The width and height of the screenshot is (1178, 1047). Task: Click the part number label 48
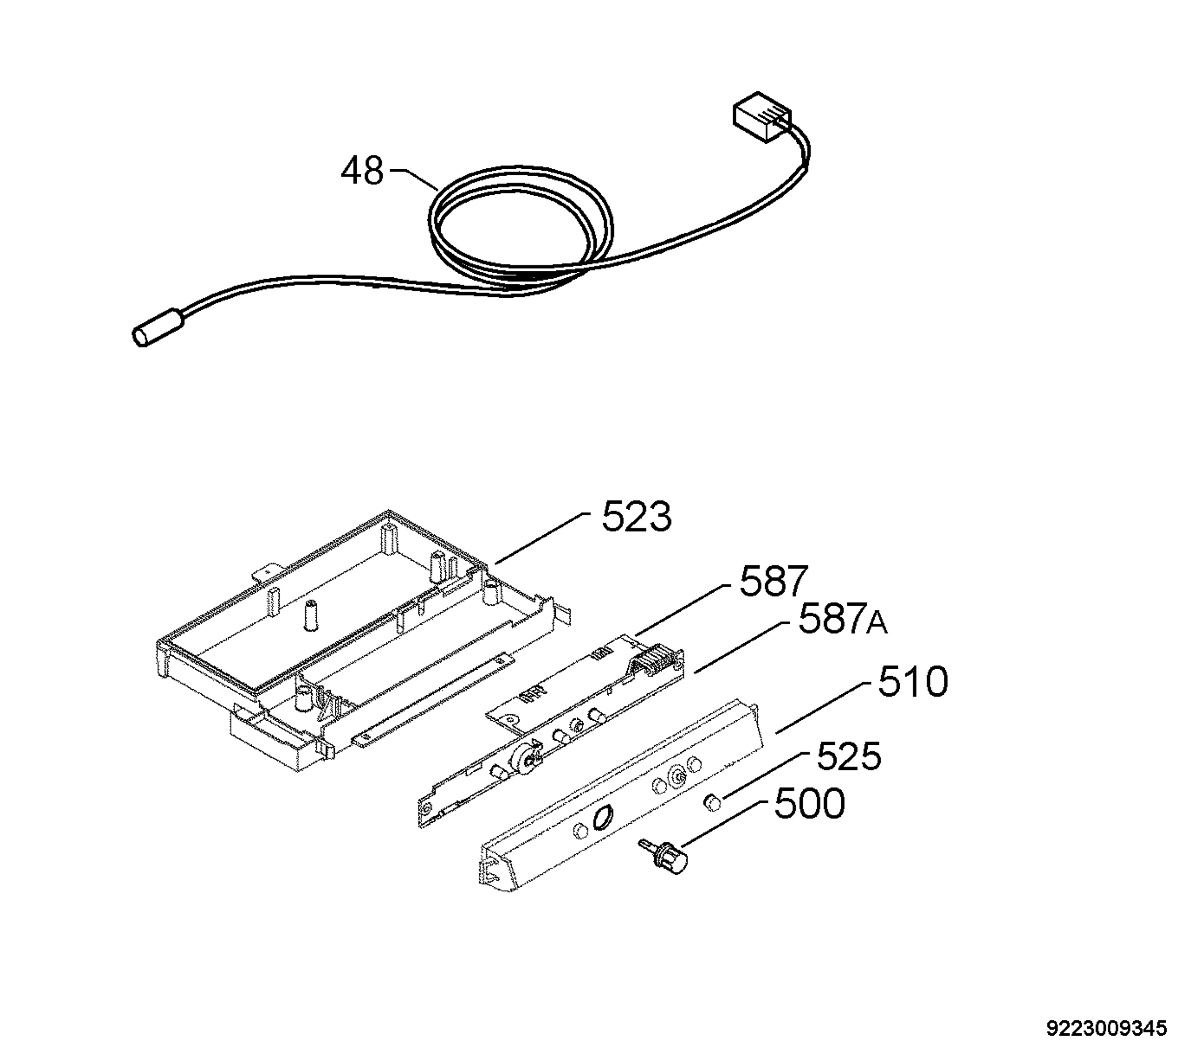(362, 171)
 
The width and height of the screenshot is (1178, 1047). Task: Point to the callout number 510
(913, 682)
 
